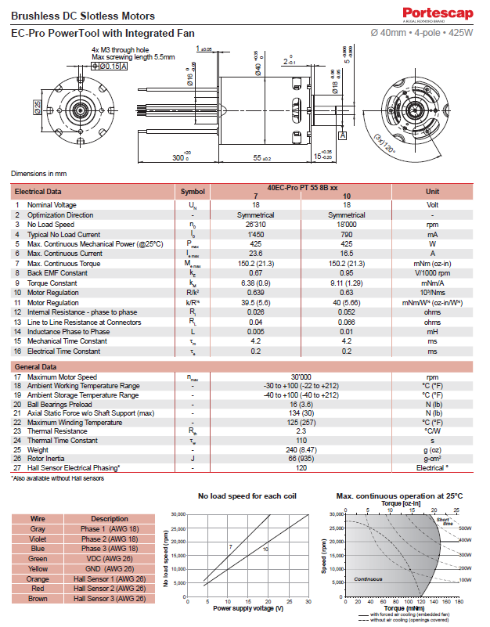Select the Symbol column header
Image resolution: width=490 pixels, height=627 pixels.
tap(192, 191)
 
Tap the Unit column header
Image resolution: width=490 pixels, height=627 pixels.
tap(432, 191)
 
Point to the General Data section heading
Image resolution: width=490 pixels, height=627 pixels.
tap(36, 366)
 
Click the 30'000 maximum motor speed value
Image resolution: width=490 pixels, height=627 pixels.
tap(301, 377)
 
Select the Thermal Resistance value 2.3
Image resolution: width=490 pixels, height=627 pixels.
tap(301, 431)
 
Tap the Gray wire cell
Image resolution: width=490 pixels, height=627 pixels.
tap(38, 528)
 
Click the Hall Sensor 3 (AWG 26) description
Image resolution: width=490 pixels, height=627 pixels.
tap(109, 599)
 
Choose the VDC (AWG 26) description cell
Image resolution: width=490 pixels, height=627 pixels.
tap(109, 559)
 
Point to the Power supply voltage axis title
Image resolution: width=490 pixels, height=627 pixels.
tap(247, 608)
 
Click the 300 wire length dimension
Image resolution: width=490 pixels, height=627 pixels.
tap(180, 158)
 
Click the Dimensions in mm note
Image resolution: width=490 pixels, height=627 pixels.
tap(38, 173)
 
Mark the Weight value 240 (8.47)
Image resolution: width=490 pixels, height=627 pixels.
tap(301, 449)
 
